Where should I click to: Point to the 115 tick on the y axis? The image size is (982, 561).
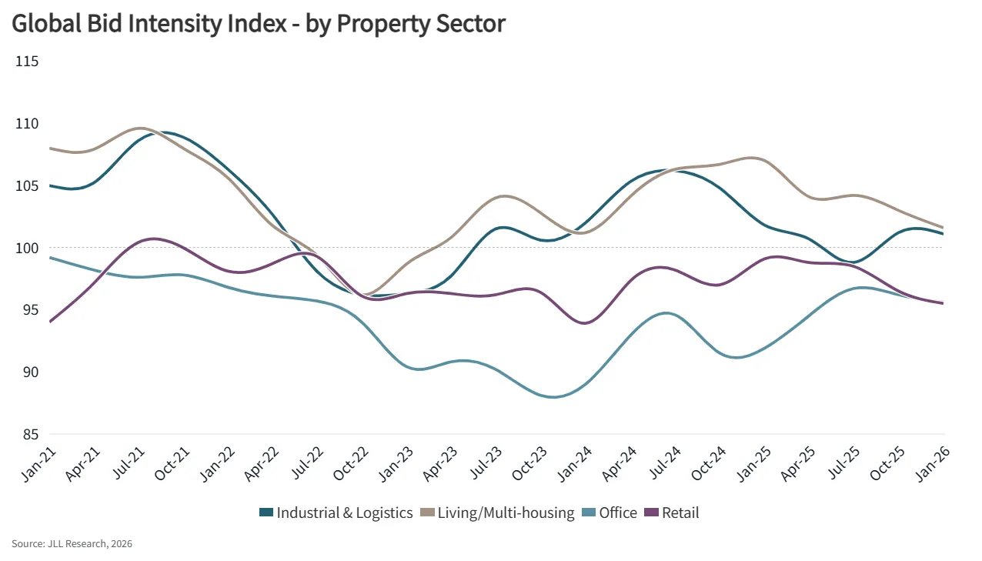pyautogui.click(x=27, y=61)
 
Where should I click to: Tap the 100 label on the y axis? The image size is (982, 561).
pyautogui.click(x=27, y=248)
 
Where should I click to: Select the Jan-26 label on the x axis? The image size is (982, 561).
pyautogui.click(x=933, y=463)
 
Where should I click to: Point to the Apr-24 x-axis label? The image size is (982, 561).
pyautogui.click(x=618, y=463)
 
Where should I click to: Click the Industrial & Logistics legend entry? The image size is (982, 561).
pyautogui.click(x=344, y=513)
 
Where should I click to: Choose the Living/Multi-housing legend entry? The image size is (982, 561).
pyautogui.click(x=506, y=513)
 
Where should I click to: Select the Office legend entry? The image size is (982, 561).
pyautogui.click(x=618, y=513)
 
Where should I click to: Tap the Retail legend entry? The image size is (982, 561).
pyautogui.click(x=680, y=513)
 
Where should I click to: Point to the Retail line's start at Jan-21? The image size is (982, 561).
pyautogui.click(x=49, y=322)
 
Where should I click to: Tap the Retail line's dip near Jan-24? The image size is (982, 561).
pyautogui.click(x=585, y=323)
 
